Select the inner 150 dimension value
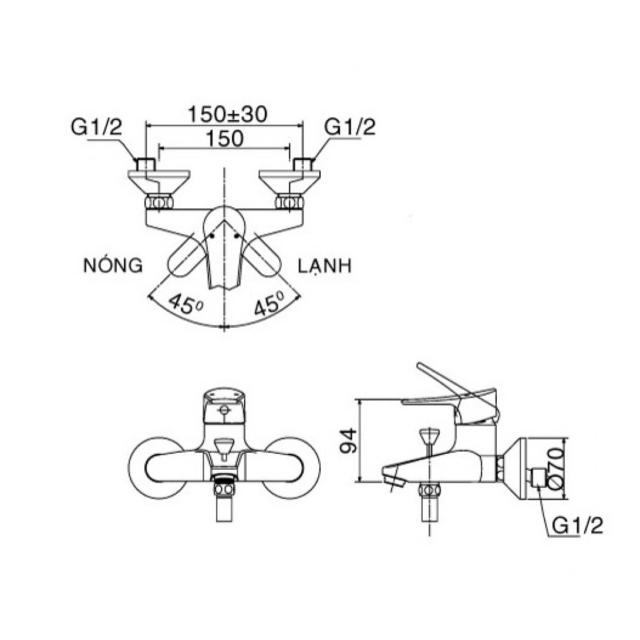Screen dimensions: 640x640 (x=225, y=139)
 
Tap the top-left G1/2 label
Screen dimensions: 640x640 (x=97, y=128)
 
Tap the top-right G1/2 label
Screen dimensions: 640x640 (x=351, y=128)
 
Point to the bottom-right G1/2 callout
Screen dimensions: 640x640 (x=578, y=526)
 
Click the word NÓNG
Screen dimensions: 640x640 (x=113, y=266)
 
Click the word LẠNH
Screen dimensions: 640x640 (x=325, y=266)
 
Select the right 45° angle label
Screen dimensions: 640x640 (x=268, y=305)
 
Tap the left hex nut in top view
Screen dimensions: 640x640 (x=159, y=202)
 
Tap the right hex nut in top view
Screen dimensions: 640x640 (x=289, y=202)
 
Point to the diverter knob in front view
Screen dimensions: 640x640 (x=223, y=446)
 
